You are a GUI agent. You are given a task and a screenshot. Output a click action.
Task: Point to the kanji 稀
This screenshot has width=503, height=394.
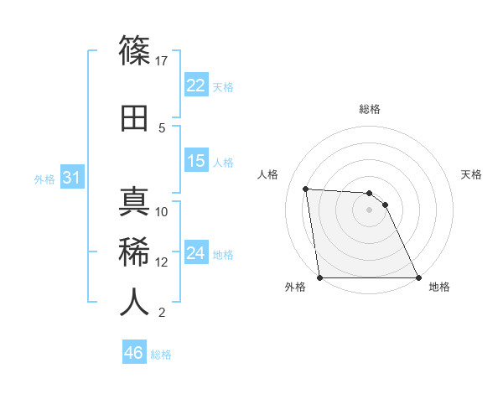pyautogui.click(x=134, y=251)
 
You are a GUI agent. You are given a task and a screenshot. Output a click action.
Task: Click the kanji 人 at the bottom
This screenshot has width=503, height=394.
pyautogui.click(x=134, y=301)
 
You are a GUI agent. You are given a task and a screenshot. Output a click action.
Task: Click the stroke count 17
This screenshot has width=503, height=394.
pyautogui.click(x=163, y=60)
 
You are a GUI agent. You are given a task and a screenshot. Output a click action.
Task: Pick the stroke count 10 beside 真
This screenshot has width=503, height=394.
pyautogui.click(x=163, y=211)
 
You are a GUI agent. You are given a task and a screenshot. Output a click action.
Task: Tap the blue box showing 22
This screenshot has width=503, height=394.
pyautogui.click(x=195, y=86)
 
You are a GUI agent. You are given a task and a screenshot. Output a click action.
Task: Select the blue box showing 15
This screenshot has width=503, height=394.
pyautogui.click(x=195, y=161)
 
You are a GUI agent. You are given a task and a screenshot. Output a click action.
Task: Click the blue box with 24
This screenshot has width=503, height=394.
pyautogui.click(x=195, y=253)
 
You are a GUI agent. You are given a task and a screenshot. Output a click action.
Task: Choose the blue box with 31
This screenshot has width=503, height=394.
pyautogui.click(x=71, y=178)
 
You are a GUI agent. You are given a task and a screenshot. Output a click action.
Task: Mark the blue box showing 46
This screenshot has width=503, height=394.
pyautogui.click(x=133, y=353)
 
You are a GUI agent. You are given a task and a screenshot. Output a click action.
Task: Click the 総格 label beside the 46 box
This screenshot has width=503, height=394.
pyautogui.click(x=161, y=355)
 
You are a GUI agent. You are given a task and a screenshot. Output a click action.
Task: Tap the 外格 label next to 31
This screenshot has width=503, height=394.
pyautogui.click(x=44, y=179)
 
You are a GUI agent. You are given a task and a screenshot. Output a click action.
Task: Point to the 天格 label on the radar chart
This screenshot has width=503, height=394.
pyautogui.click(x=471, y=174)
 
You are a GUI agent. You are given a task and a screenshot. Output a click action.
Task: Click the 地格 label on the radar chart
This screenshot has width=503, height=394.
pyautogui.click(x=439, y=288)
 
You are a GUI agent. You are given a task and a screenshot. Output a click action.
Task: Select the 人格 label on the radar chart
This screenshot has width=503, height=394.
pyautogui.click(x=268, y=174)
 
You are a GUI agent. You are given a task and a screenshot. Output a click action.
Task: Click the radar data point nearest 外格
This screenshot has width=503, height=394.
pyautogui.click(x=319, y=277)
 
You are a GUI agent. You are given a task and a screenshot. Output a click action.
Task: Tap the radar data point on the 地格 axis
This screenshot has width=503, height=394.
pyautogui.click(x=418, y=277)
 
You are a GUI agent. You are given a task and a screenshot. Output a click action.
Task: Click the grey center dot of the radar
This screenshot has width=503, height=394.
pyautogui.click(x=369, y=210)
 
